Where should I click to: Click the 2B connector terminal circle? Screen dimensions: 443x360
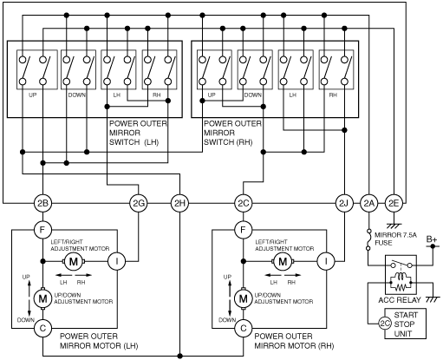(x=42, y=203)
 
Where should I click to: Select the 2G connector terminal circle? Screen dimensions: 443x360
(x=139, y=203)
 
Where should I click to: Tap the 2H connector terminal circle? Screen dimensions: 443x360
(x=179, y=203)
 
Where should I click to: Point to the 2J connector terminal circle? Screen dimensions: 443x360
(x=344, y=203)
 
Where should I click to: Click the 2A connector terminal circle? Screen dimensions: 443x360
(x=368, y=203)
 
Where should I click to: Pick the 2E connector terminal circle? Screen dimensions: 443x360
(x=394, y=203)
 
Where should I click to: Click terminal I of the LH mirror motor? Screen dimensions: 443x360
(x=117, y=261)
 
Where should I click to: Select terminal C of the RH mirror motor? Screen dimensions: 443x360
(x=244, y=328)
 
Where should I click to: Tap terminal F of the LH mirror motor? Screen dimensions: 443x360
(x=42, y=230)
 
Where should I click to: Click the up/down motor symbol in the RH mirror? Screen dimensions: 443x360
(x=244, y=298)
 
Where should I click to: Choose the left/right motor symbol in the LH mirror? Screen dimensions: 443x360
(x=74, y=261)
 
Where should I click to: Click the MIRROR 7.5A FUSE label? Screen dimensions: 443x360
(x=395, y=239)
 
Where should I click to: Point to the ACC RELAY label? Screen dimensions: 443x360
(x=400, y=300)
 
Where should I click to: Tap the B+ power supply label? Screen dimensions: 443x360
(x=432, y=239)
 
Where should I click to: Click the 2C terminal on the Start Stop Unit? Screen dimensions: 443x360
(x=385, y=324)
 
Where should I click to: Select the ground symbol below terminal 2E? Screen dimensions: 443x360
(x=394, y=226)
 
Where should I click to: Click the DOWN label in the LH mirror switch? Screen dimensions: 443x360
(x=77, y=95)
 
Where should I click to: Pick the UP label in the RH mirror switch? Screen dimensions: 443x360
(x=212, y=95)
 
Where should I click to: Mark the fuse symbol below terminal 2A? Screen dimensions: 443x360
(x=368, y=239)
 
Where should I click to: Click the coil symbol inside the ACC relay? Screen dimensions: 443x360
(x=401, y=277)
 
